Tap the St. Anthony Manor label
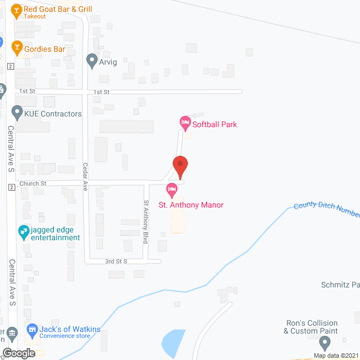(191, 205)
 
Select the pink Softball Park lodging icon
(184, 121)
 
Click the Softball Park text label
(214, 124)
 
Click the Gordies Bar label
(44, 49)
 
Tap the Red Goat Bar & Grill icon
(16, 10)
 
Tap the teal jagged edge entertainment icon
(23, 231)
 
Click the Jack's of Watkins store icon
(31, 329)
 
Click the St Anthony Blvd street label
(146, 222)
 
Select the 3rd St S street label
(117, 262)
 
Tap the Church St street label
(33, 184)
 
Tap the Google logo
(18, 353)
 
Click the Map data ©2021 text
(335, 355)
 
